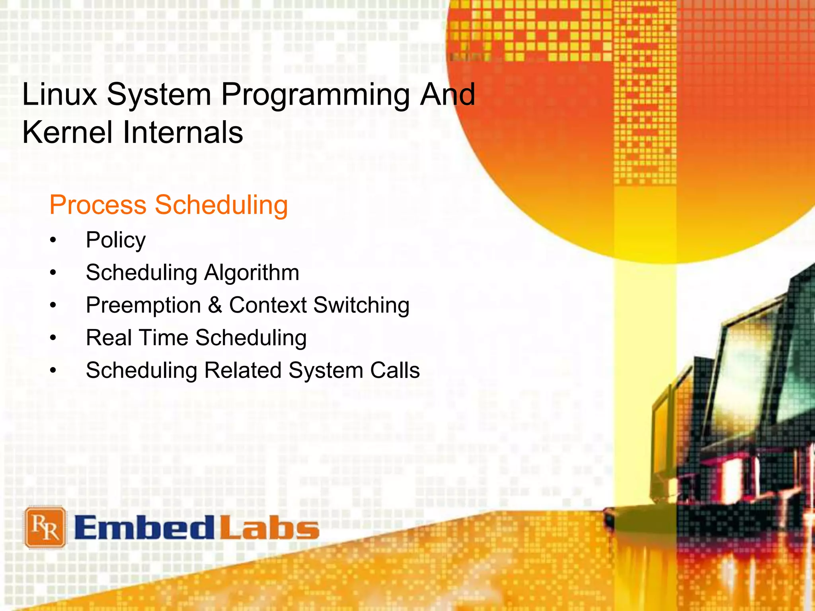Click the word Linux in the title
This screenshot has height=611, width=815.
(60, 95)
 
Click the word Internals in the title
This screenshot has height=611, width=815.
(183, 132)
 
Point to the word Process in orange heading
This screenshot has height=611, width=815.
(98, 205)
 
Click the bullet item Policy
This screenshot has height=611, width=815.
(116, 240)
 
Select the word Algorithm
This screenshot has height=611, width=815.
(252, 273)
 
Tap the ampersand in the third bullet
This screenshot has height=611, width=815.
(215, 305)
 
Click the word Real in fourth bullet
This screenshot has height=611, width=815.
(109, 338)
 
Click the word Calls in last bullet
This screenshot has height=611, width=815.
(395, 370)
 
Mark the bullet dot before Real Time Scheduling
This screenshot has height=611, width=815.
(53, 338)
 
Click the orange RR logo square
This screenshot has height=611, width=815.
(45, 527)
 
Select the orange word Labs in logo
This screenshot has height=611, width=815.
(270, 528)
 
